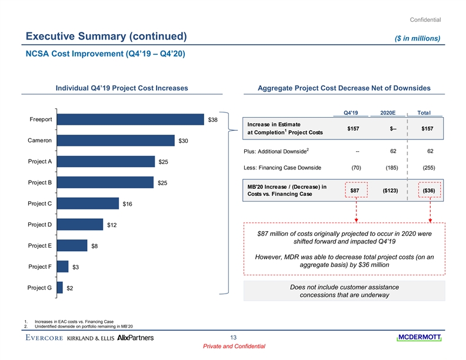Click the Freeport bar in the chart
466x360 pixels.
131,120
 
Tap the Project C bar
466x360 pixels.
88,204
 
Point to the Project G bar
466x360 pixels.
60,288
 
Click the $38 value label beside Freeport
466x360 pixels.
213,121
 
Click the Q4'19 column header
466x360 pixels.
351,113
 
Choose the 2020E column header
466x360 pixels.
388,113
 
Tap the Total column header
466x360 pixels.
424,113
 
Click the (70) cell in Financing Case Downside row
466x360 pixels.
355,168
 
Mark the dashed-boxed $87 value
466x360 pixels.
355,190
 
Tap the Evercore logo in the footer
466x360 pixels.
45,338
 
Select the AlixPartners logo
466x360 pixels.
136,338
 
